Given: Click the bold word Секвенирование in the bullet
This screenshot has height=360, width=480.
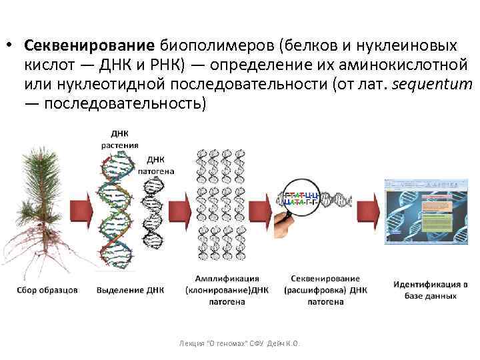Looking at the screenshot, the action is (89, 45).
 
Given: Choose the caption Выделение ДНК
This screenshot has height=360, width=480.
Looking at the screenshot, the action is (130, 290).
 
